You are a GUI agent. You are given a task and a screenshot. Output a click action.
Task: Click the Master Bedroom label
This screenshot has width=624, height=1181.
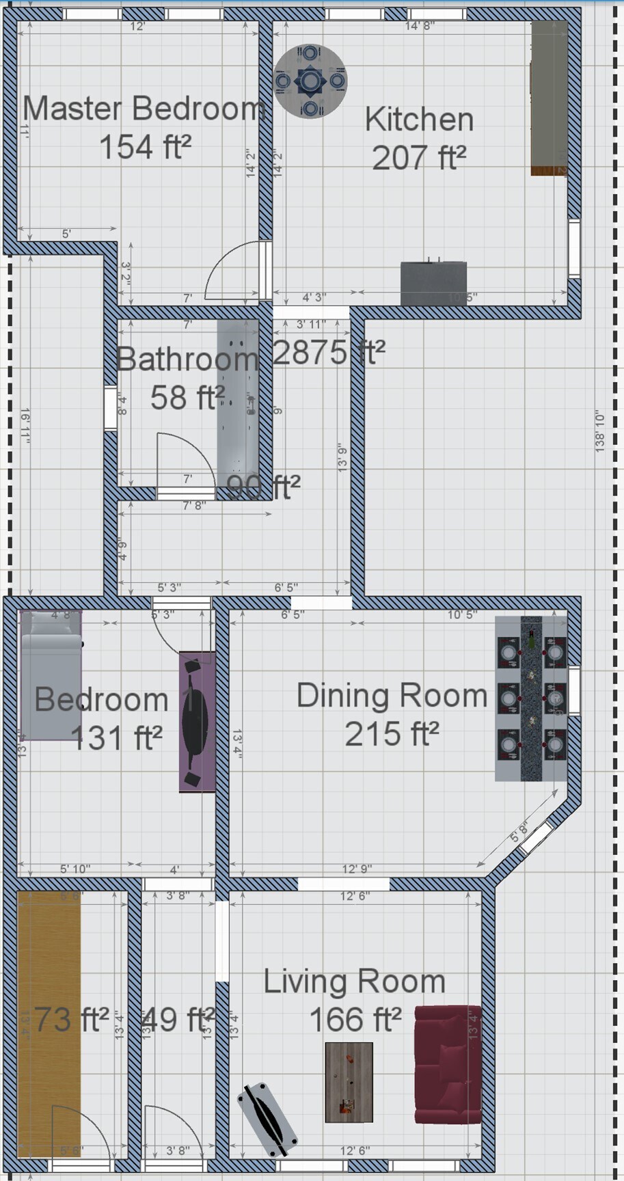click(144, 109)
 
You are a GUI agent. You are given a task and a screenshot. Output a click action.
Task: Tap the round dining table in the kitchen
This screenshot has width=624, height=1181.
click(310, 81)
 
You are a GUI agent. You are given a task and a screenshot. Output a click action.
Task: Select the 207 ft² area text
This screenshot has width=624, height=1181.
click(418, 157)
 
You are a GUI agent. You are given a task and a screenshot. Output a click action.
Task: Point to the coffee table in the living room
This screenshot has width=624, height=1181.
click(349, 1081)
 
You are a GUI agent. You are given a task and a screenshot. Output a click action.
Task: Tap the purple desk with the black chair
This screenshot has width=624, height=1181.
click(197, 721)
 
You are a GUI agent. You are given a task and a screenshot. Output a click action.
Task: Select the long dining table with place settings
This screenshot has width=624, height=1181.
click(531, 698)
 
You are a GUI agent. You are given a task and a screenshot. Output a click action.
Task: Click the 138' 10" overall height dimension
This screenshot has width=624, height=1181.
click(600, 431)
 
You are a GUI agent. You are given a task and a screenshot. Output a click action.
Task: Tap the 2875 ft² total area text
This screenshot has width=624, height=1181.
click(329, 353)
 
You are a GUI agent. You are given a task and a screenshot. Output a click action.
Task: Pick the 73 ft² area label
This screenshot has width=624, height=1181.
click(71, 1020)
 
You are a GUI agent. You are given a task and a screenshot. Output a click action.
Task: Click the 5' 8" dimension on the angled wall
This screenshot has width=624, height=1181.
click(519, 833)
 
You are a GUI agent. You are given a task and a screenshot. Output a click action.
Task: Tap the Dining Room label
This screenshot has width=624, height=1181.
click(392, 696)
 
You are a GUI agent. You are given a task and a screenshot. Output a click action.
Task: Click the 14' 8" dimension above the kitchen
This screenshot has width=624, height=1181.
click(420, 26)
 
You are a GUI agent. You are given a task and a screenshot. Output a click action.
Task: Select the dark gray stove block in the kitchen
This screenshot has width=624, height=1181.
click(433, 283)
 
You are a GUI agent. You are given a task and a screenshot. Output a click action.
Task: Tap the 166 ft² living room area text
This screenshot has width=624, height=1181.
click(355, 1020)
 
